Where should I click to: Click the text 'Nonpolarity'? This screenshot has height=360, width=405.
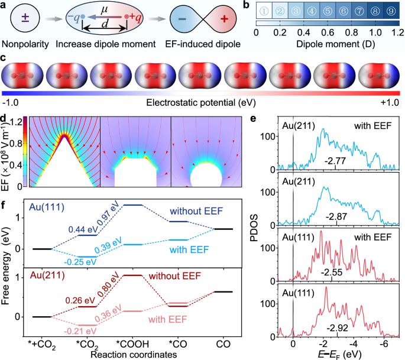click(x=25, y=44)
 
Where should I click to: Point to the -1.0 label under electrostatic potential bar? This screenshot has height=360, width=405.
click(x=12, y=101)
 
